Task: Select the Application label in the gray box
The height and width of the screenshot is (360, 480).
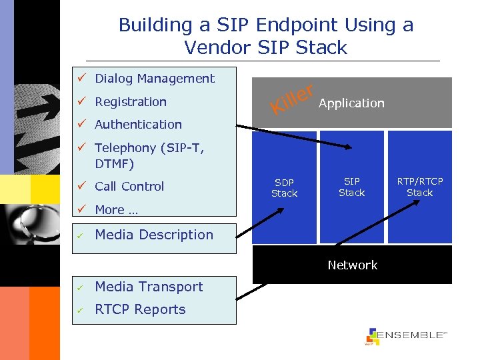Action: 351,103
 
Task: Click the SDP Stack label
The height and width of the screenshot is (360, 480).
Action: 284,188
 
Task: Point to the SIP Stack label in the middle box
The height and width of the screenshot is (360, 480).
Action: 351,187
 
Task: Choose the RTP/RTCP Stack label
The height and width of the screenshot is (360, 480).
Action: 419,187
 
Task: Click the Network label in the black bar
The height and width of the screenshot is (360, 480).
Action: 352,265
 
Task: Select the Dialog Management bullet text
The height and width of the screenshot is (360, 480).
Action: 154,79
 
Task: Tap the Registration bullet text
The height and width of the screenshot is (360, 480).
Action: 131,102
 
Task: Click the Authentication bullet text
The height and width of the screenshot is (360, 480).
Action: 138,125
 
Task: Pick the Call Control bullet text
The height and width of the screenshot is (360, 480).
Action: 129,187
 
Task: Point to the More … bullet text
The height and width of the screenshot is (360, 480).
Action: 116,210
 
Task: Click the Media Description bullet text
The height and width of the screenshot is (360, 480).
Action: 154,235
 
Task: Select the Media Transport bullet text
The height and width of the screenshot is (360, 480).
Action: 149,287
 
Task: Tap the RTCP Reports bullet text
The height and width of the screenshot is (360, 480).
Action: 140,309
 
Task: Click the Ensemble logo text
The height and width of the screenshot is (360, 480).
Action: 411,335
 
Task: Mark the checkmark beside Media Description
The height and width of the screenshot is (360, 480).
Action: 79,235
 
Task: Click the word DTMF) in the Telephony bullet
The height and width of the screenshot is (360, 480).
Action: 115,163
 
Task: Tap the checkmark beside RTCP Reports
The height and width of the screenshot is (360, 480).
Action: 79,310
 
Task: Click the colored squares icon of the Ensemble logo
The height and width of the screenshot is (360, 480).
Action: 372,337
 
